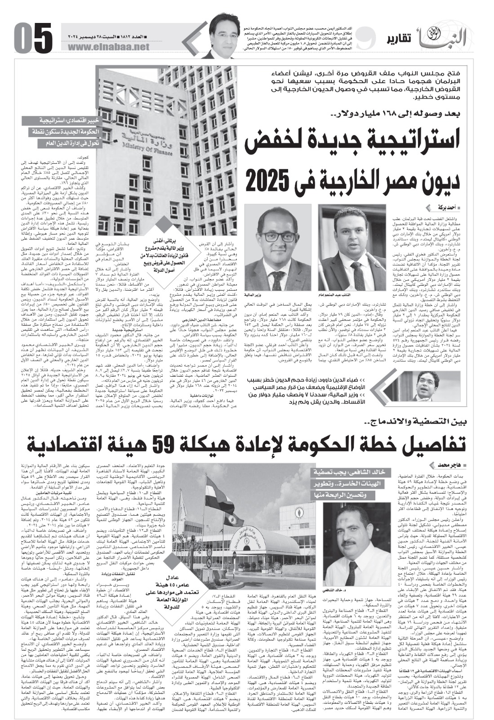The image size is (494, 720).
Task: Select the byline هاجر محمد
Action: coord(443,464)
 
